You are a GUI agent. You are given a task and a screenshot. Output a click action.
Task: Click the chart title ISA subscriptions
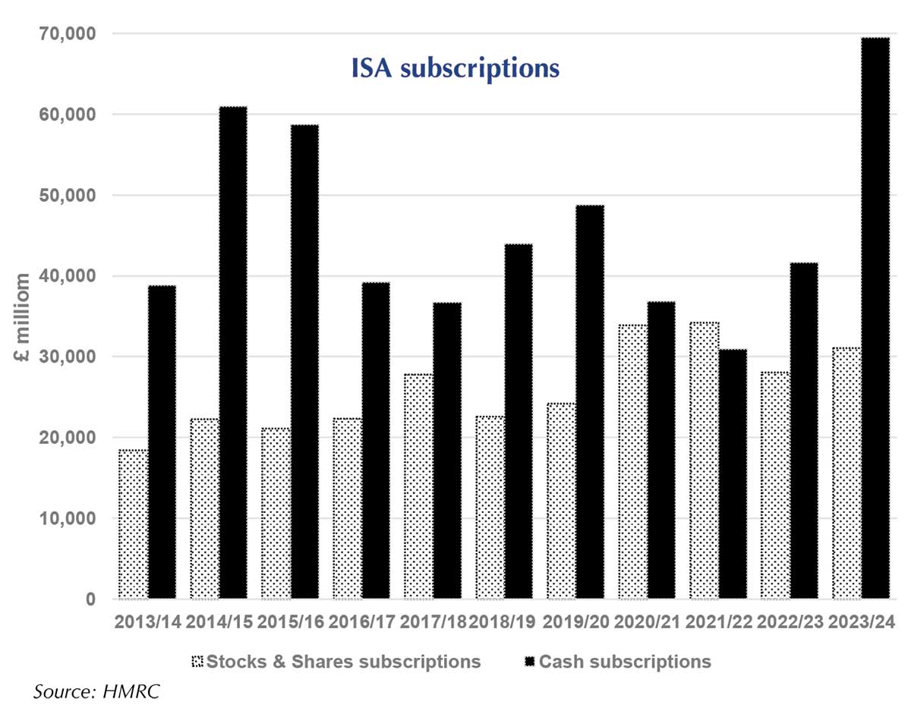click(x=455, y=68)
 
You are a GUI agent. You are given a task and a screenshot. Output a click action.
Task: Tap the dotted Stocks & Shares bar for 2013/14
click(x=134, y=524)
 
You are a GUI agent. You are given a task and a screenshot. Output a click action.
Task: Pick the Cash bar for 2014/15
click(x=232, y=353)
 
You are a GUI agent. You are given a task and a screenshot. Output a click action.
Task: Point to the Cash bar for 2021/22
click(x=733, y=474)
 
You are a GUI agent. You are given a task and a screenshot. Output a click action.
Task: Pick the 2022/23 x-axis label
click(x=790, y=621)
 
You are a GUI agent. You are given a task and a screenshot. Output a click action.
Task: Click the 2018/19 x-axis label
click(x=502, y=621)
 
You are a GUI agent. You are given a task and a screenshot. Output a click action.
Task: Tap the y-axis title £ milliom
click(x=24, y=319)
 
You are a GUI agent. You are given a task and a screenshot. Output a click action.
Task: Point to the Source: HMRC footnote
click(x=97, y=692)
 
